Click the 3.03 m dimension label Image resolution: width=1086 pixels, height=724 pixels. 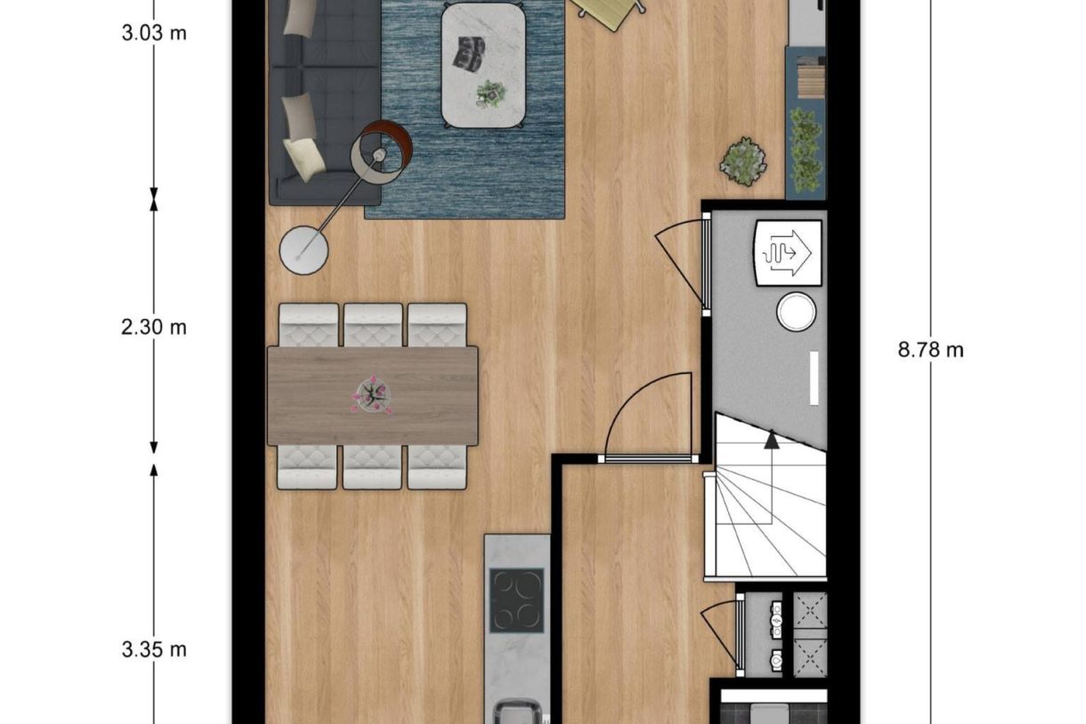[154, 35]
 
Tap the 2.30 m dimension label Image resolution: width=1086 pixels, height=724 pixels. [154, 328]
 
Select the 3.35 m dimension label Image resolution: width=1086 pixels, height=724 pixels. [154, 649]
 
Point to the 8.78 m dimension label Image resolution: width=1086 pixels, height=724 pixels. [930, 350]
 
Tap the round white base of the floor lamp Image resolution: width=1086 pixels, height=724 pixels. [304, 248]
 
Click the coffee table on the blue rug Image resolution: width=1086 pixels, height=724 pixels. [482, 64]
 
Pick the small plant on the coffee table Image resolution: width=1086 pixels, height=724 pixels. [490, 92]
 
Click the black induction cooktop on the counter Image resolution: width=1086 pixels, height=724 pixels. [516, 599]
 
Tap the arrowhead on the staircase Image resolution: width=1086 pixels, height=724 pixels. [771, 437]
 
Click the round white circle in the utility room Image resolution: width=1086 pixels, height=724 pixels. [795, 313]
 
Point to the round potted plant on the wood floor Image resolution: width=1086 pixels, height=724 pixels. [743, 161]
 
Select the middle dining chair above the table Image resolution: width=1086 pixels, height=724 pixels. [373, 324]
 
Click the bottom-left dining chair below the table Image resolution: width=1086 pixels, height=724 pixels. [307, 467]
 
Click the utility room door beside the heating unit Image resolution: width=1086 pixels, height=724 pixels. [705, 264]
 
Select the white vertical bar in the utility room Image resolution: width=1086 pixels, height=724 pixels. [814, 378]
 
